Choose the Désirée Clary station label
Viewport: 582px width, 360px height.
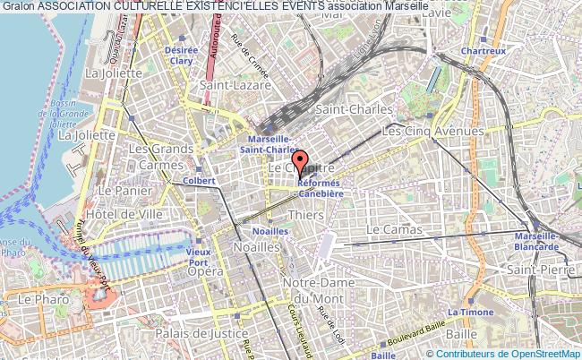(181, 56)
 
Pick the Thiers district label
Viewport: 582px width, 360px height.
(306, 216)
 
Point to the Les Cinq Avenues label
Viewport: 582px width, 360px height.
(433, 131)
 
